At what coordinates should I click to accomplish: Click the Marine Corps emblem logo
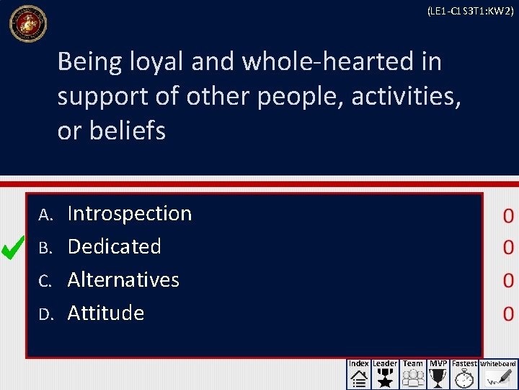pyautogui.click(x=27, y=24)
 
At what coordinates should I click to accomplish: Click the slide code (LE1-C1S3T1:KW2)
pyautogui.click(x=470, y=11)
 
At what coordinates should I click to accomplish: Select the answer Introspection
pyautogui.click(x=129, y=214)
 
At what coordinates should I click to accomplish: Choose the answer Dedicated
pyautogui.click(x=114, y=246)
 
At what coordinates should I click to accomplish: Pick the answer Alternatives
pyautogui.click(x=123, y=279)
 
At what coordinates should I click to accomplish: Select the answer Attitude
pyautogui.click(x=105, y=313)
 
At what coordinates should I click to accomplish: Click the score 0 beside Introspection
pyautogui.click(x=508, y=215)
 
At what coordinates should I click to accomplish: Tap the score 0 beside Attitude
pyautogui.click(x=508, y=313)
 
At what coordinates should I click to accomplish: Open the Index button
pyautogui.click(x=359, y=374)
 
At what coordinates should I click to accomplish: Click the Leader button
pyautogui.click(x=385, y=374)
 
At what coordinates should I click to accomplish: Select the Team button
pyautogui.click(x=413, y=374)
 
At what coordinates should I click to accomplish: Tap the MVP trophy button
pyautogui.click(x=438, y=374)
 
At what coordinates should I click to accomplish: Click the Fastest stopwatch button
pyautogui.click(x=464, y=374)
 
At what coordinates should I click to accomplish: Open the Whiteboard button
pyautogui.click(x=498, y=374)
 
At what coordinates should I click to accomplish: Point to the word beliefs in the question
pyautogui.click(x=127, y=131)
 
